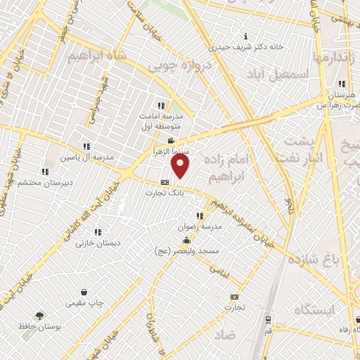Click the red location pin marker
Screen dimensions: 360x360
[181, 167]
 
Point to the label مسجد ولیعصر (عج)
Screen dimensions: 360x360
[188, 250]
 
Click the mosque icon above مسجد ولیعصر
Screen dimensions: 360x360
[186, 240]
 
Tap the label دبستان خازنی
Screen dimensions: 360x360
[98, 242]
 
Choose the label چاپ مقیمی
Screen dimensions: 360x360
[84, 303]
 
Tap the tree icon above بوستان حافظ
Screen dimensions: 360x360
[40, 316]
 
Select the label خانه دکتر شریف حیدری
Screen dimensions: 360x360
[245, 48]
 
